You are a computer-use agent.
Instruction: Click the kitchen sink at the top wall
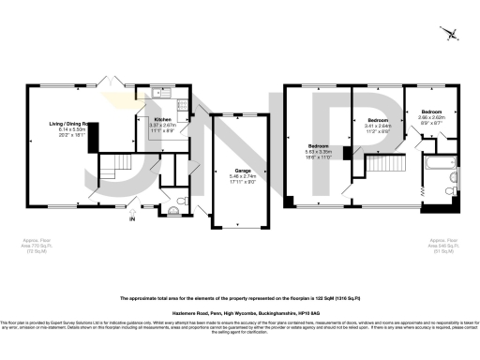click(156, 93)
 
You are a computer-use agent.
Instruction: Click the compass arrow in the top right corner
click(454, 35)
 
